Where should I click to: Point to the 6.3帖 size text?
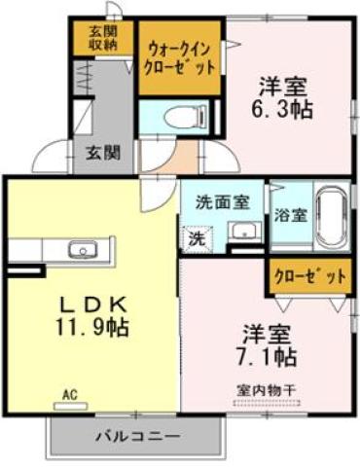coord(284,109)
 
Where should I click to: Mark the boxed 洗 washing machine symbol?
coord(196,235)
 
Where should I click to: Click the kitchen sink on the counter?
coord(82,251)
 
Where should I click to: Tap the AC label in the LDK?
coord(69,394)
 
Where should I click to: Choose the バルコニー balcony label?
coord(136,435)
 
